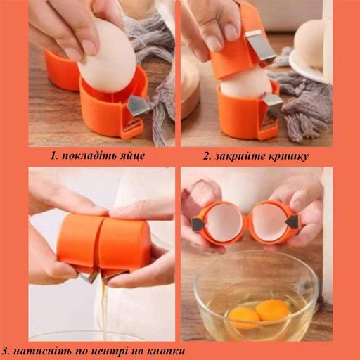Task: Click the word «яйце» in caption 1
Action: [132, 156]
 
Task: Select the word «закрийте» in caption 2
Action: [238, 156]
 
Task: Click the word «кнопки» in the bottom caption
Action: [166, 351]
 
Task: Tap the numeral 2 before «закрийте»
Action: [207, 156]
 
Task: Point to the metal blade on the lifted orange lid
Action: [257, 46]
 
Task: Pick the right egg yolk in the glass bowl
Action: [272, 310]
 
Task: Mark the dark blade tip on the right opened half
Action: [291, 221]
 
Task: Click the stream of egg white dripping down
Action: [103, 304]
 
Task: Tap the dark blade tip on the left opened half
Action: [198, 224]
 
